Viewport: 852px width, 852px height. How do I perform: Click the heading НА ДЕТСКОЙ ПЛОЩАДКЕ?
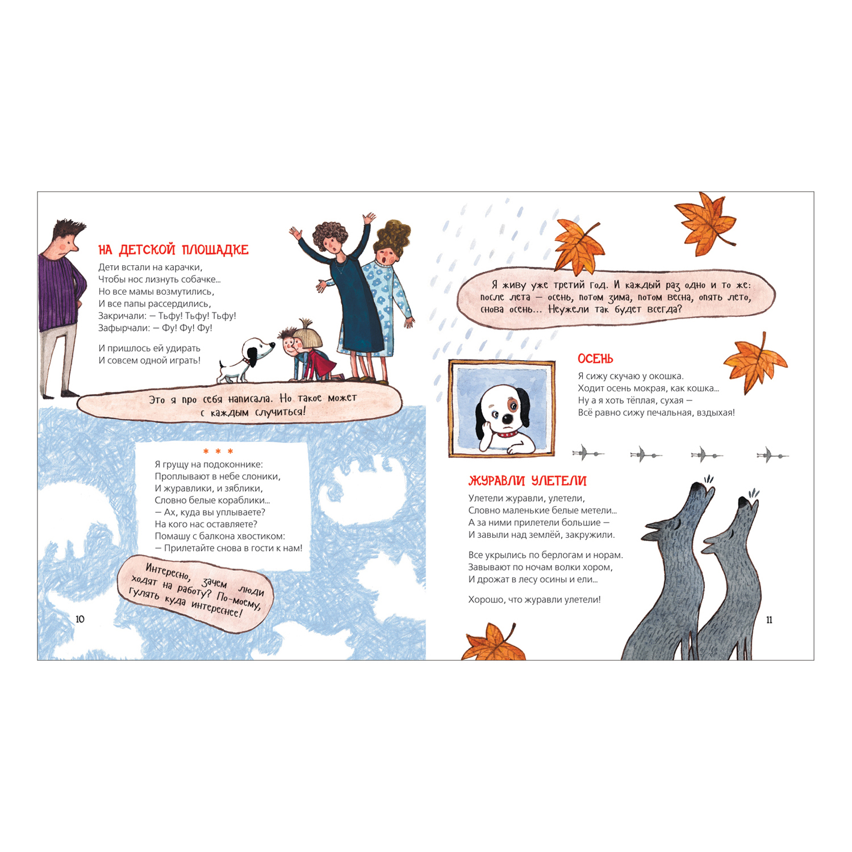[173, 250]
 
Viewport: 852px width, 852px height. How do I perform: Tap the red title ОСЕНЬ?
[595, 359]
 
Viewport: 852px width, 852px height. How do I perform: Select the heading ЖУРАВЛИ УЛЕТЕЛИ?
[527, 481]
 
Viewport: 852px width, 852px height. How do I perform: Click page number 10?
[80, 619]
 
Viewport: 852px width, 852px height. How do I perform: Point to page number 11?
[769, 620]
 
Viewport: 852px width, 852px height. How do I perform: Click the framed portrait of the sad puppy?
[502, 408]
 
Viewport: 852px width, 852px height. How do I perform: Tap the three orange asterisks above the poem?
[218, 452]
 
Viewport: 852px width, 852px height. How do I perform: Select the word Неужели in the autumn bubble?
[569, 310]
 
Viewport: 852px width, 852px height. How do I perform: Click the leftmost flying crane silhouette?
[588, 453]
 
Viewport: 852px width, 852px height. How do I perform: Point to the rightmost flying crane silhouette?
[772, 455]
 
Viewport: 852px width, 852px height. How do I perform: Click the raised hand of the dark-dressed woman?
[369, 218]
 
